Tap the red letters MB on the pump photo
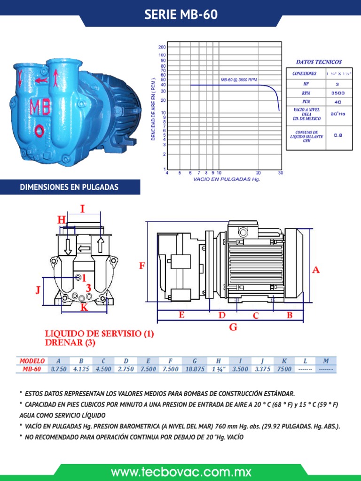coord(41,107)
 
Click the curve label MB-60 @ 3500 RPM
coord(239,80)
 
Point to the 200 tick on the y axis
coord(162,47)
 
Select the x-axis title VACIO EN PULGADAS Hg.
coord(227,179)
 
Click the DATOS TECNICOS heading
coord(319,62)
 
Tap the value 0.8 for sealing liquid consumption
coord(337,135)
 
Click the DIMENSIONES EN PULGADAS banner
coord(69,187)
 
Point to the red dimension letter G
coord(233,327)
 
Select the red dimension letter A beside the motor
coord(316,269)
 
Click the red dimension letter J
coord(38,290)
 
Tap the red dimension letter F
coord(141,266)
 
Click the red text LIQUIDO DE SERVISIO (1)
coord(99,334)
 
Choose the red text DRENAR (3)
coord(70,343)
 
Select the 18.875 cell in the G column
coord(195,369)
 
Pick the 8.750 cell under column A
coord(58,369)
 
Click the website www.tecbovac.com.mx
coord(181,472)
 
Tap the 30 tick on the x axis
coord(281,173)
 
